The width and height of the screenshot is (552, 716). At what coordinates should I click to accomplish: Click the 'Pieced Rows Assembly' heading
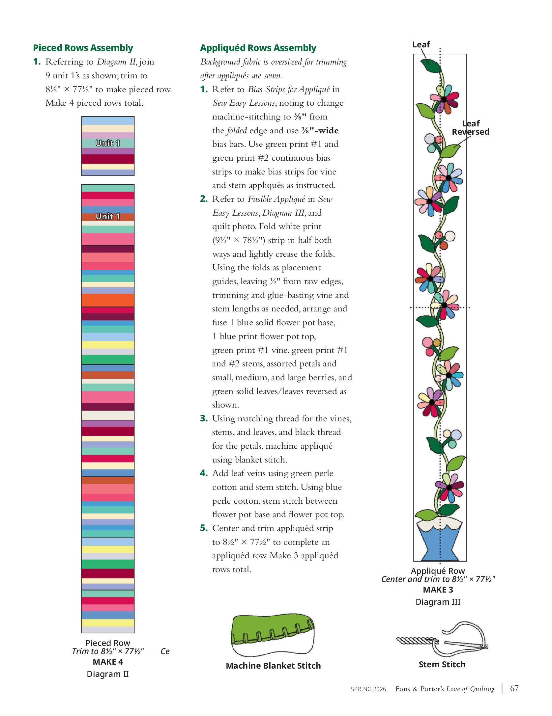pyautogui.click(x=83, y=48)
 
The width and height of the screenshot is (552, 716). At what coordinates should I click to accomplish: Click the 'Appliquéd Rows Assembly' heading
pyautogui.click(x=258, y=48)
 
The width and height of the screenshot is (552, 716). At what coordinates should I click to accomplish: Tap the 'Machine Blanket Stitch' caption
pyautogui.click(x=273, y=665)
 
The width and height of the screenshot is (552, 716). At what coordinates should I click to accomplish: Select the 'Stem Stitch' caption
pyautogui.click(x=442, y=664)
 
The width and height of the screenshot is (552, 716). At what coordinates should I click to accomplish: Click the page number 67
pyautogui.click(x=514, y=688)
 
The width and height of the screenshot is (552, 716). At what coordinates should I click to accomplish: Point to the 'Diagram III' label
pyautogui.click(x=438, y=601)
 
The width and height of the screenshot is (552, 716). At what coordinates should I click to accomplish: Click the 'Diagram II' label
pyautogui.click(x=107, y=674)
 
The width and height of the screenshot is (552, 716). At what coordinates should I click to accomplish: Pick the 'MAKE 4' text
pyautogui.click(x=107, y=661)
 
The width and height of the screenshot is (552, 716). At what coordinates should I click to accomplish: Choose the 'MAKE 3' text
pyautogui.click(x=438, y=589)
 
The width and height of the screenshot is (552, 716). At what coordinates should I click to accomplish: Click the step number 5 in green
pyautogui.click(x=204, y=528)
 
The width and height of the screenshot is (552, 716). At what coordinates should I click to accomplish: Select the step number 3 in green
pyautogui.click(x=204, y=418)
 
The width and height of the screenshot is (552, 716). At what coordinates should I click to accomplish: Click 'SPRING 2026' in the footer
pyautogui.click(x=368, y=689)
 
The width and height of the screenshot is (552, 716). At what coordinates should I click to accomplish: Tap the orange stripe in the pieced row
pyautogui.click(x=108, y=300)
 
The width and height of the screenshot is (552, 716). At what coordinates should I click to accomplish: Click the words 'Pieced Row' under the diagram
pyautogui.click(x=107, y=643)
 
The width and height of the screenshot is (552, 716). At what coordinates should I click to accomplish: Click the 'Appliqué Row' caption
pyautogui.click(x=438, y=570)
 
